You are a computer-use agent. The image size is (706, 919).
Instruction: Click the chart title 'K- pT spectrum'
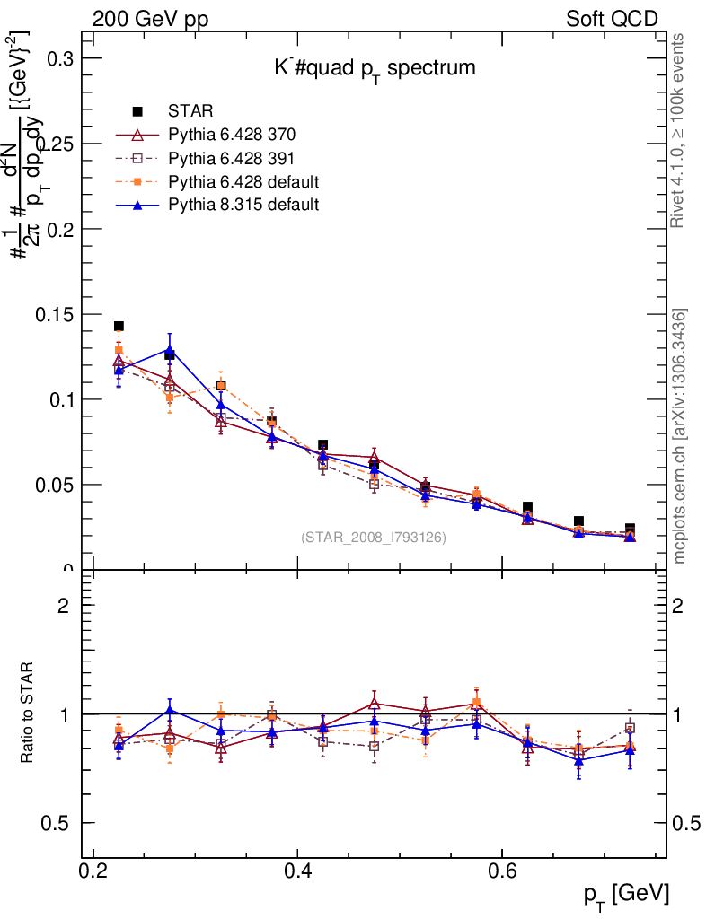point(374,68)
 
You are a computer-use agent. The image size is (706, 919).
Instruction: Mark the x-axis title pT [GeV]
point(625,894)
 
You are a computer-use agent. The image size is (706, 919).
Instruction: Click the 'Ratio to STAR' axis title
point(28,713)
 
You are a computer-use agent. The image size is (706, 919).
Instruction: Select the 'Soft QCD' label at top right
point(612,19)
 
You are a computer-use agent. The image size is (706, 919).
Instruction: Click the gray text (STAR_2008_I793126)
point(374,538)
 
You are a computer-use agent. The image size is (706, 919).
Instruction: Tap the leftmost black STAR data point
point(119,327)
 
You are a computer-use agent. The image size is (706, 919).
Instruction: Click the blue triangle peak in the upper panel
point(169,350)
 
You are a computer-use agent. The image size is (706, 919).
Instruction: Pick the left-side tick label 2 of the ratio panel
point(65,606)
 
